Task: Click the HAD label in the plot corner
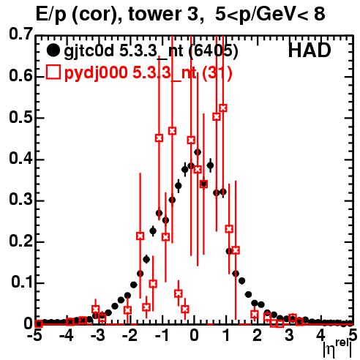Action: [x=310, y=50]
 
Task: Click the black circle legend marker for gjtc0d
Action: [x=53, y=50]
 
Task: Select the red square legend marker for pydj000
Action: [x=53, y=72]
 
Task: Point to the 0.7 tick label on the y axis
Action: [x=20, y=34]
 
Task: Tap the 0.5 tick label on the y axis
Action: [x=20, y=117]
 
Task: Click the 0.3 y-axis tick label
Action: [x=20, y=200]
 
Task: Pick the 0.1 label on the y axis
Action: [x=22, y=282]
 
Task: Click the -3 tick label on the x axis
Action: [x=97, y=336]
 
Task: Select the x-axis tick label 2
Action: [x=257, y=336]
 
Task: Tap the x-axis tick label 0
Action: [x=194, y=336]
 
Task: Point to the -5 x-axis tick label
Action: [x=34, y=336]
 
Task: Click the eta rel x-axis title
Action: [x=338, y=350]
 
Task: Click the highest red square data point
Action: [x=223, y=108]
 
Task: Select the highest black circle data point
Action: [x=198, y=152]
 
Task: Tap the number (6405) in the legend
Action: [x=214, y=51]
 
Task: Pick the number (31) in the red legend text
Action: [x=217, y=72]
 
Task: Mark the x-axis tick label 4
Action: [x=320, y=336]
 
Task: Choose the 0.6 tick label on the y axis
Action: [x=20, y=75]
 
